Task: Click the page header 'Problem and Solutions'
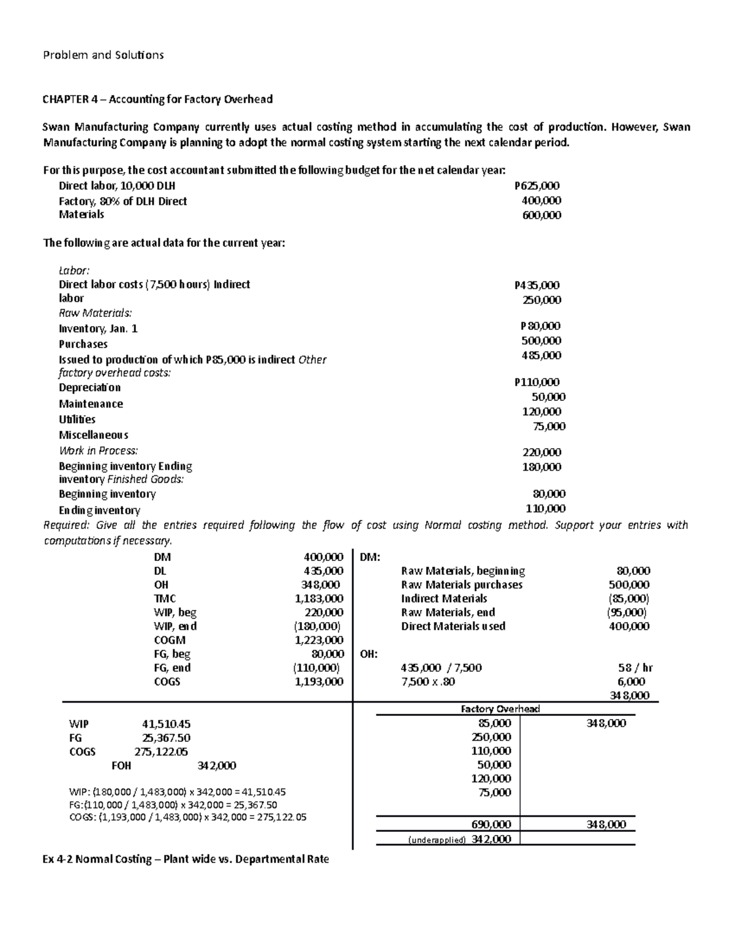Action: [x=103, y=55]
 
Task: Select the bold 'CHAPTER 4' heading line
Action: [x=157, y=99]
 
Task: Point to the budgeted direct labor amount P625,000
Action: [x=537, y=186]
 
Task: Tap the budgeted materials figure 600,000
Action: [x=541, y=215]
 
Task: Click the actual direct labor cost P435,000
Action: [x=537, y=285]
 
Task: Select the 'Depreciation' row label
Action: [x=89, y=388]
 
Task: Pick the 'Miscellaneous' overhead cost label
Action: [x=93, y=435]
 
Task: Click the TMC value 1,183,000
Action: [x=318, y=599]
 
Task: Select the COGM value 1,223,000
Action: [x=318, y=640]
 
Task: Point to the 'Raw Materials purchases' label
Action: [x=462, y=585]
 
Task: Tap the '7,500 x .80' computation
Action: [x=428, y=682]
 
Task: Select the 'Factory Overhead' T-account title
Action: [x=500, y=709]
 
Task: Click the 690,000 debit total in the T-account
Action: [x=491, y=824]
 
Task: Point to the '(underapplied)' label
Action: [x=437, y=840]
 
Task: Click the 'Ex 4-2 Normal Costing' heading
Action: [x=186, y=859]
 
